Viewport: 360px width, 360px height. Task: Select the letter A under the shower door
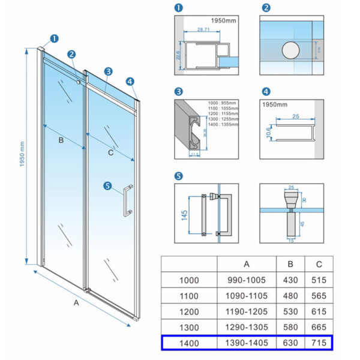tap(76, 303)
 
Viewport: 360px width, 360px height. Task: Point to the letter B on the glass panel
tap(61, 140)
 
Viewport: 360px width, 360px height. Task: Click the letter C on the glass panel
tap(110, 152)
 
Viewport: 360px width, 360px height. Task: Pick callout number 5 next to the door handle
tap(107, 186)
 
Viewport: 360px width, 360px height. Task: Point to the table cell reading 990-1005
tap(247, 280)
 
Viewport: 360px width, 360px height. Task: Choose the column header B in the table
tap(290, 264)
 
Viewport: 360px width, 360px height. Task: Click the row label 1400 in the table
tap(189, 343)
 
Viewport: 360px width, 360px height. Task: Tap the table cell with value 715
tap(319, 343)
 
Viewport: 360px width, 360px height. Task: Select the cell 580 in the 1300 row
tap(290, 327)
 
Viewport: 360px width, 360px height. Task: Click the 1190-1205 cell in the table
tap(247, 311)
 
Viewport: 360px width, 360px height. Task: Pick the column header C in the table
tap(319, 264)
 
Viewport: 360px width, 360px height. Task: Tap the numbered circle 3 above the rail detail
tap(178, 92)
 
